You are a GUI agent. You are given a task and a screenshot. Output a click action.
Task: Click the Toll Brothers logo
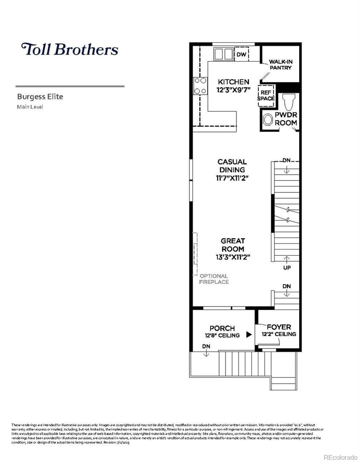point(70,49)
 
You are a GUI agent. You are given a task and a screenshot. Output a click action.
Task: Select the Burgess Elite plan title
point(40,96)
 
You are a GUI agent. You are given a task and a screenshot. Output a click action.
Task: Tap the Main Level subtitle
point(30,107)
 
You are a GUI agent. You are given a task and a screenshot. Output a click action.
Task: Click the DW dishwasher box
point(241,54)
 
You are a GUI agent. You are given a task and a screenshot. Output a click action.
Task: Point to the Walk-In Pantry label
point(280,64)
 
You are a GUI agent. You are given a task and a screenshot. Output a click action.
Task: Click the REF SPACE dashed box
point(265,95)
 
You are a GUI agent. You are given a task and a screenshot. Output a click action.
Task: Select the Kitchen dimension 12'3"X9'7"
point(233,90)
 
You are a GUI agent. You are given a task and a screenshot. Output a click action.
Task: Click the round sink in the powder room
point(268,120)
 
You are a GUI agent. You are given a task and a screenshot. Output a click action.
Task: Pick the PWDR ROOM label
point(286,119)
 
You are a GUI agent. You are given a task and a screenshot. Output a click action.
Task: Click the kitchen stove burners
point(200,86)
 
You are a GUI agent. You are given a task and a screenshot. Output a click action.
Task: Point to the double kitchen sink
point(223,54)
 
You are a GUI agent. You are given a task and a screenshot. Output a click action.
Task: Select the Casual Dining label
point(232,166)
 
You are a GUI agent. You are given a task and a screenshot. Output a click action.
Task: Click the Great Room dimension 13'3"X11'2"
point(232,257)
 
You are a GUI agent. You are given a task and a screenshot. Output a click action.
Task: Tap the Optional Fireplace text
point(214,279)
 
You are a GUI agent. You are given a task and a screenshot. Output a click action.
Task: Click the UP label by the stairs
point(286,268)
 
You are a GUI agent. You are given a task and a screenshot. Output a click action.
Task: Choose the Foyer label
point(279,327)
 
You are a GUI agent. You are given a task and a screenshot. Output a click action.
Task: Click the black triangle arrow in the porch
point(248,335)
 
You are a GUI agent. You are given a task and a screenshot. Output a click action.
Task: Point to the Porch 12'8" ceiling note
point(222,335)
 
